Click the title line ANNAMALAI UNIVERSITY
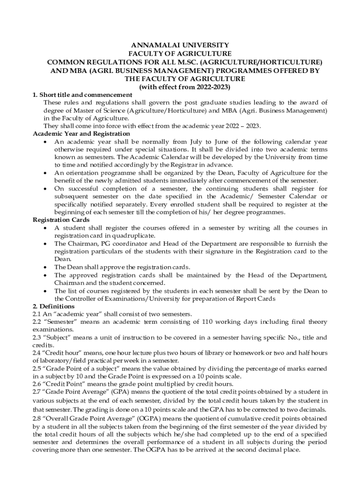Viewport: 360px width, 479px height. (x=180, y=45)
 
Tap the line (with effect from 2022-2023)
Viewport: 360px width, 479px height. (x=180, y=87)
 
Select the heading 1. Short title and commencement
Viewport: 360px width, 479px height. (x=82, y=95)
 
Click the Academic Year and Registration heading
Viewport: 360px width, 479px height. (x=81, y=134)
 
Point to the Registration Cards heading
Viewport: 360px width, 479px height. (x=62, y=220)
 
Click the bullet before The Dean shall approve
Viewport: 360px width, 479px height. (x=44, y=267)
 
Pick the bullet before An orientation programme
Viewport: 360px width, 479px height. (x=44, y=173)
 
